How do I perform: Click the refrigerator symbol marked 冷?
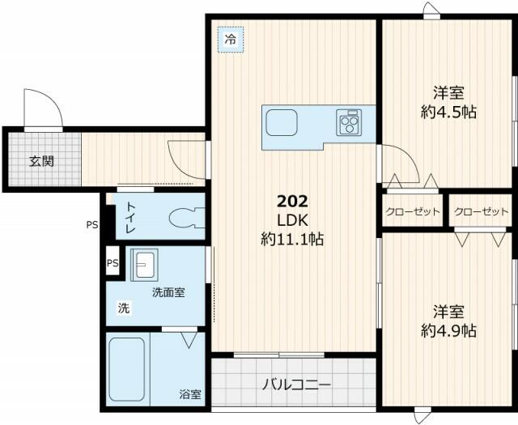point(231,38)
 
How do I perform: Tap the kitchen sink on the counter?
point(282,125)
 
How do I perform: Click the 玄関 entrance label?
point(42,160)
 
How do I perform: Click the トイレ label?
point(129,218)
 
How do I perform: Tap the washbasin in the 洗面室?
point(146,265)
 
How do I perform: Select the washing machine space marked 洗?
point(123,308)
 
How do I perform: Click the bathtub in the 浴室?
point(126,368)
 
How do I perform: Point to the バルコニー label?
point(295,385)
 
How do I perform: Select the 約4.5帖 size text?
point(448,113)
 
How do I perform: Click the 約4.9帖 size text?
point(448,330)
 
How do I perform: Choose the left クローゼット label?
point(413,212)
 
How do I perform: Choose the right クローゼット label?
point(481,212)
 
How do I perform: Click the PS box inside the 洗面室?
point(113,263)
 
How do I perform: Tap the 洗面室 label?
point(168,291)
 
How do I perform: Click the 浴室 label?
point(191,395)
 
